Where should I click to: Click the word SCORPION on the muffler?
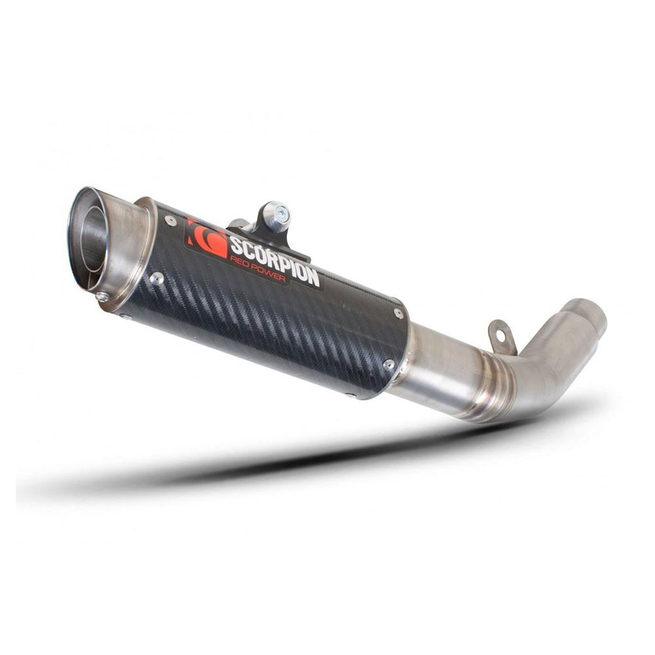[275, 262]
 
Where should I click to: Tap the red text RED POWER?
[257, 269]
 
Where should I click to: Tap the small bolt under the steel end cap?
[102, 297]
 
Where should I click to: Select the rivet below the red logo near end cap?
[157, 278]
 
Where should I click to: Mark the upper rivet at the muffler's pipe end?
[398, 313]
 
